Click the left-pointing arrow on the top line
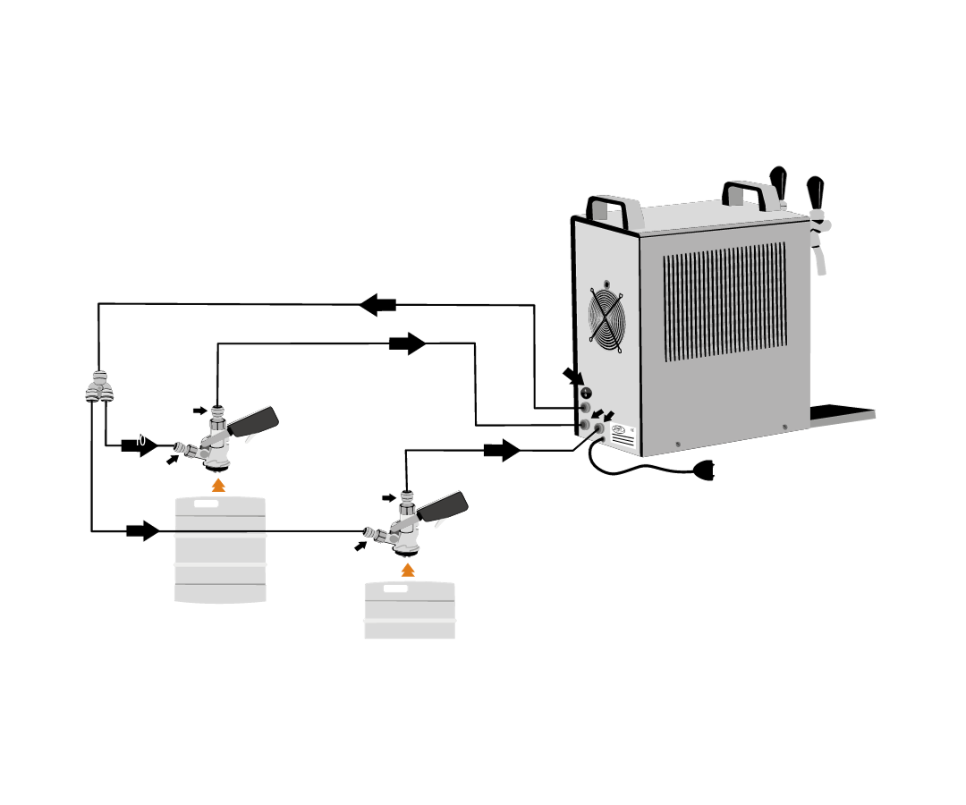pos(378,305)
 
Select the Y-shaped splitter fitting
pos(99,387)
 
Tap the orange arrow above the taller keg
pos(218,485)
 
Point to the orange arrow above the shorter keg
pos(408,570)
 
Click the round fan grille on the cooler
pos(606,318)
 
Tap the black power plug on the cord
pos(705,470)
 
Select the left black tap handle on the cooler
pos(778,182)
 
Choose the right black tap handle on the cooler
pos(815,191)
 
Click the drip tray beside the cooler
pos(842,412)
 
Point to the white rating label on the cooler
pos(623,435)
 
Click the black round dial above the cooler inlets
pos(586,393)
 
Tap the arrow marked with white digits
pos(140,445)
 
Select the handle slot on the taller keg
pos(207,504)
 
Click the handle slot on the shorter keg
pos(395,589)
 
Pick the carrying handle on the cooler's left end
pos(614,210)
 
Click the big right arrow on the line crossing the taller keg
pos(143,531)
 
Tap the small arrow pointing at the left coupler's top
pos(199,411)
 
